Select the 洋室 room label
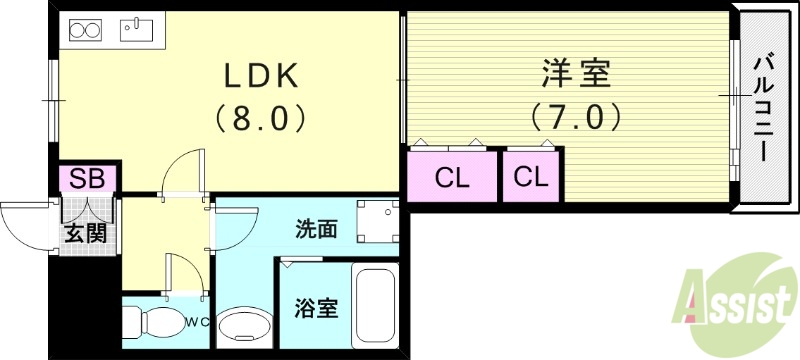(576, 73)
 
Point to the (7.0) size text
(576, 116)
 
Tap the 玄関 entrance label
(87, 237)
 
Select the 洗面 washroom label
(315, 229)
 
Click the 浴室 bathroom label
(315, 307)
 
